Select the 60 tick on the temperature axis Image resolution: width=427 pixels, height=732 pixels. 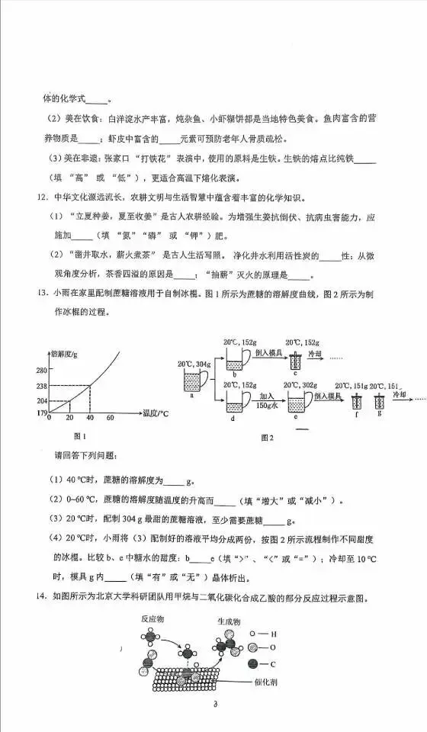coord(110,418)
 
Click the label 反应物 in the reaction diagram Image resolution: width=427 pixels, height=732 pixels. coord(156,621)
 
